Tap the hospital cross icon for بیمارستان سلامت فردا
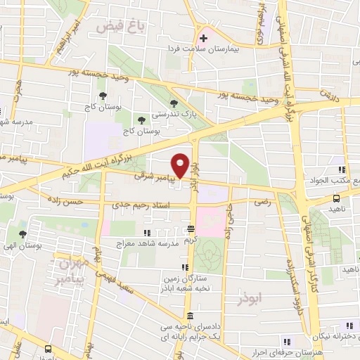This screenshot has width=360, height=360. pos(204,37)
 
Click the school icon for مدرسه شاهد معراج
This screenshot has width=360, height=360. pos(146,233)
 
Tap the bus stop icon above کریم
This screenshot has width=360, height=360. pos(191,229)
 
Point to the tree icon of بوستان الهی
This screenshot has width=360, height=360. pos(22,233)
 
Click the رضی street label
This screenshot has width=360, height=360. pos(263,202)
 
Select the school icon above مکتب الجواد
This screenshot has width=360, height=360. pos(342,169)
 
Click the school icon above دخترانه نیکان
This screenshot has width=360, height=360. pos(349,325)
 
